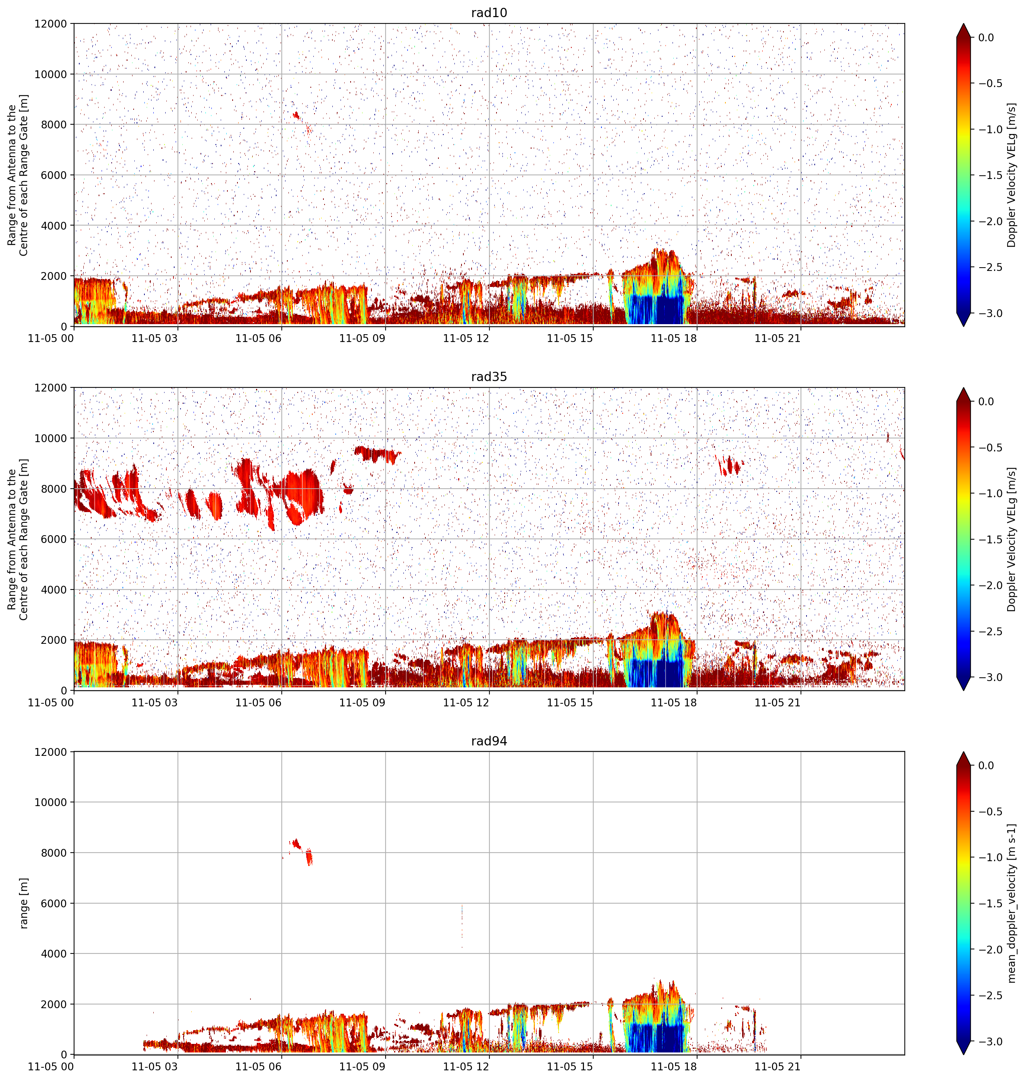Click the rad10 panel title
pos(489,13)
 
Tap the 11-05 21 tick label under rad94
pos(777,1066)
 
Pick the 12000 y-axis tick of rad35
pos(51,388)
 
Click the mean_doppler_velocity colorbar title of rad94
pos(1012,903)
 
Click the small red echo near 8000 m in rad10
pos(297,115)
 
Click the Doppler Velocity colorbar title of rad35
pos(1012,539)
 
